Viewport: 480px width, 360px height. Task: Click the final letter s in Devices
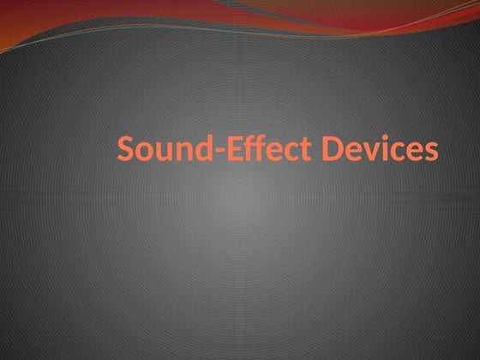pos(431,153)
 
